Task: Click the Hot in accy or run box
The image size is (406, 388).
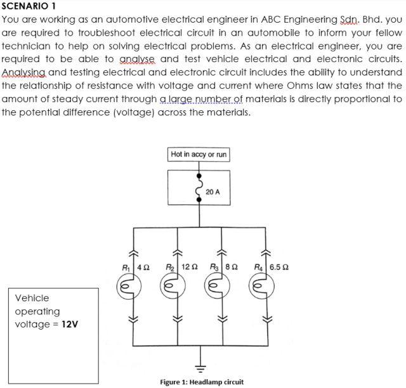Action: [x=199, y=154]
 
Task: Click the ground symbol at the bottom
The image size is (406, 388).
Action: [x=200, y=366]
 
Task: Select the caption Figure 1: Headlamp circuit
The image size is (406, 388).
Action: [x=202, y=382]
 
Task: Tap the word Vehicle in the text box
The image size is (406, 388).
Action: [x=32, y=298]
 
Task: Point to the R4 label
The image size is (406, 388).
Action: [x=258, y=267]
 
